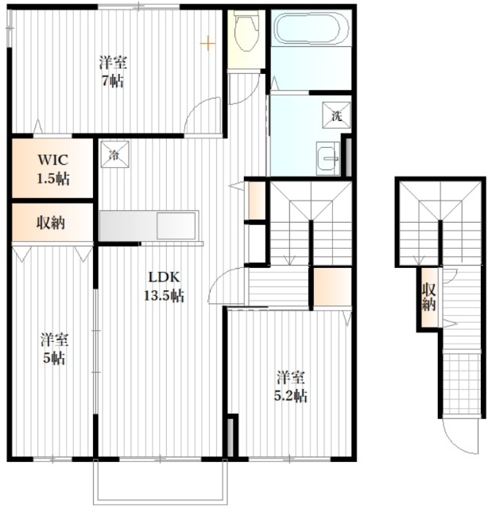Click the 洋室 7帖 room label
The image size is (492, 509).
tap(113, 72)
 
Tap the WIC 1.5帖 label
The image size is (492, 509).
tap(52, 168)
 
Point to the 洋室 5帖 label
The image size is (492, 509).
tap(54, 348)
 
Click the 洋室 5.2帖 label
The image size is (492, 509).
tap(291, 386)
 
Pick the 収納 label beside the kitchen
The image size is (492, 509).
tap(52, 222)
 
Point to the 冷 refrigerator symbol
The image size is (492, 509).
tap(114, 153)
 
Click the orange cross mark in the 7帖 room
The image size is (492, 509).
tap(207, 42)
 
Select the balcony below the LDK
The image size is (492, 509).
tap(158, 481)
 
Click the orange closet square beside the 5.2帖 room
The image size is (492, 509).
tap(331, 286)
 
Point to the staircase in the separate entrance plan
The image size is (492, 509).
tap(440, 223)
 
